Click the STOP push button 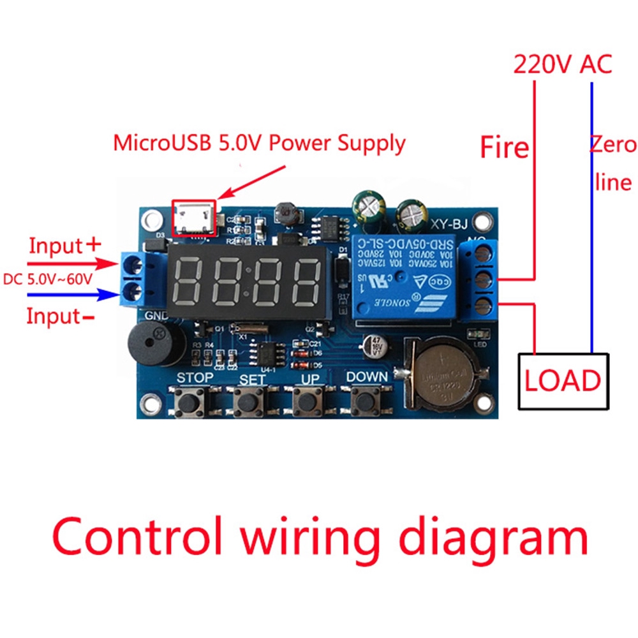tap(189, 402)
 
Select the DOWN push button tap(366, 402)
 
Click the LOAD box tap(561, 380)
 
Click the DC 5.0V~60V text tap(48, 279)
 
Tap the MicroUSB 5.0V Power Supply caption tap(259, 143)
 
